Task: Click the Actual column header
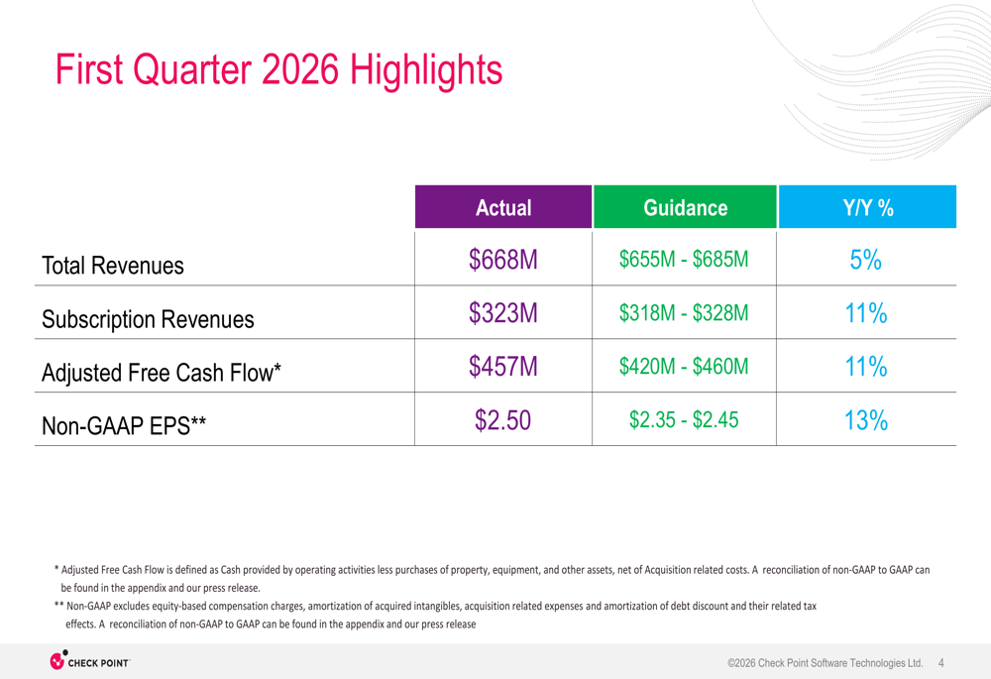[x=503, y=208]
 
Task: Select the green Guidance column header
[x=685, y=208]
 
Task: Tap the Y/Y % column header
[x=867, y=208]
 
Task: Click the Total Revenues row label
[x=113, y=266]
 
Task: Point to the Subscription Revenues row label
[x=148, y=319]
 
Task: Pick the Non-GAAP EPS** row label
[x=124, y=426]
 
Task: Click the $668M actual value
[x=503, y=260]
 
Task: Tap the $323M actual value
[x=503, y=313]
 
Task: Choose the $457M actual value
[x=503, y=367]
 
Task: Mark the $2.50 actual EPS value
[x=503, y=420]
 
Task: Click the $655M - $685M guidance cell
[x=684, y=260]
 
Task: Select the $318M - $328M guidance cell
[x=684, y=313]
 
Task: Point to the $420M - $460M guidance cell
[x=684, y=367]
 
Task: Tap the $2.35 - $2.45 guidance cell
[x=684, y=420]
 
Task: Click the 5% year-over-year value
[x=866, y=260]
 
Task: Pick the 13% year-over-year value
[x=866, y=420]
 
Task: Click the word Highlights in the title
[x=427, y=70]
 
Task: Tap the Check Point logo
[x=89, y=661]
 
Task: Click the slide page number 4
[x=940, y=662]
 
